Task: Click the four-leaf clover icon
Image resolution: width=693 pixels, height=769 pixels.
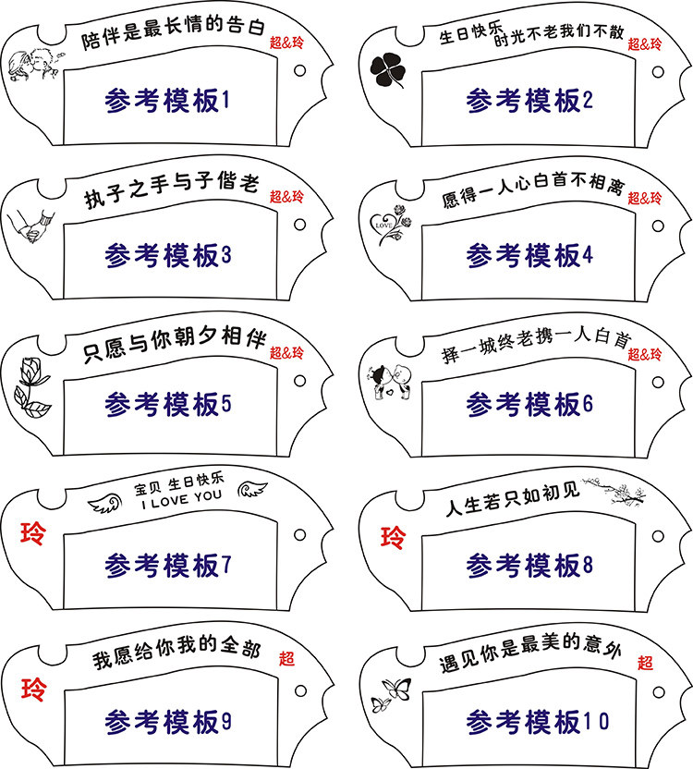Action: point(386,70)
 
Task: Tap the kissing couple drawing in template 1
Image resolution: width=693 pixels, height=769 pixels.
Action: point(33,62)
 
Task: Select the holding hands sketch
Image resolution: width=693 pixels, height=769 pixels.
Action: point(31,225)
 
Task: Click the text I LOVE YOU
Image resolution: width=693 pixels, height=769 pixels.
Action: point(181,495)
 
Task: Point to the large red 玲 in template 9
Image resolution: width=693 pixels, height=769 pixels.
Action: point(34,689)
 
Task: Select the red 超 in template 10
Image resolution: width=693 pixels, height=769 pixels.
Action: point(644,662)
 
